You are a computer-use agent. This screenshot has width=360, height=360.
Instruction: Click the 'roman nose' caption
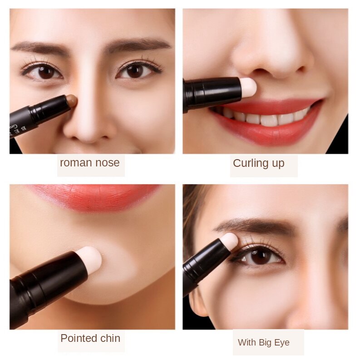coord(90,163)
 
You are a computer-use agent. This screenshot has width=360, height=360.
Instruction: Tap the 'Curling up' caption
coord(258,164)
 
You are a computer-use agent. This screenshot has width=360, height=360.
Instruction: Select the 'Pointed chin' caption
coord(90,338)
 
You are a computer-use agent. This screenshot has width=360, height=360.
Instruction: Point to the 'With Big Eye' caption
coord(264,342)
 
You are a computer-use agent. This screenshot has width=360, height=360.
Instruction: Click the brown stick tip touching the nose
coord(71,101)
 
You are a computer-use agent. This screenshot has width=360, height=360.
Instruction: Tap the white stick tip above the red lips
coord(248,87)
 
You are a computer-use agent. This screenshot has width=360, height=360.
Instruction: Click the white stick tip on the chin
coord(89,260)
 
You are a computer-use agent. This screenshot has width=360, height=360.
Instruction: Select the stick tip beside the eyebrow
coord(229,242)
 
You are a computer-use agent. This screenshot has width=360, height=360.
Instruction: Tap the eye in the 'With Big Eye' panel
coord(260,257)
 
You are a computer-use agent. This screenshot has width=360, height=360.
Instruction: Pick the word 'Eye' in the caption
coord(282,342)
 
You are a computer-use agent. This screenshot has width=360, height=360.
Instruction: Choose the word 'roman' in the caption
coord(76,163)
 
